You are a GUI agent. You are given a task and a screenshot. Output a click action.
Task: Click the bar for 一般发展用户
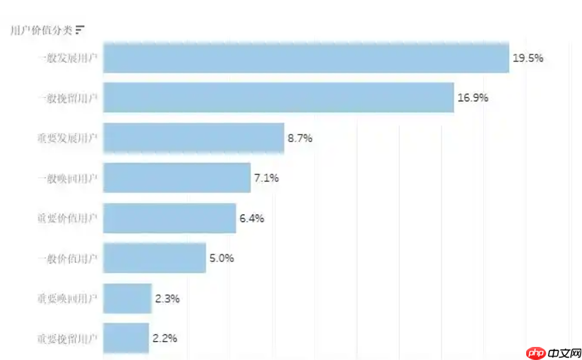point(305,58)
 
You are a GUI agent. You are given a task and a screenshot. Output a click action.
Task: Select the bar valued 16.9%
point(279,97)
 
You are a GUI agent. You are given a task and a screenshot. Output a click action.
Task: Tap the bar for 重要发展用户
point(194,138)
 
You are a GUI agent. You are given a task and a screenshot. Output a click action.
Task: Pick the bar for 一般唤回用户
point(177,178)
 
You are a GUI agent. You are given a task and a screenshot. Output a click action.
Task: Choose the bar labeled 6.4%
point(170,218)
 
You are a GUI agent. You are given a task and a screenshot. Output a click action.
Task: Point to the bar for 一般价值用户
point(154,258)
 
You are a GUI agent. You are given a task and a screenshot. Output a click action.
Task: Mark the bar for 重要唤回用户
point(127,299)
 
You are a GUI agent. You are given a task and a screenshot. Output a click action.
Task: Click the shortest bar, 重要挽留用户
point(126,338)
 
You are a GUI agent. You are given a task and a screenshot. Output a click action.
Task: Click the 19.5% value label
point(528,58)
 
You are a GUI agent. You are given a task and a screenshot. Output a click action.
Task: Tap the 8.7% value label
point(300,138)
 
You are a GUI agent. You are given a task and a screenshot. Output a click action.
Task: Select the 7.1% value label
point(266,178)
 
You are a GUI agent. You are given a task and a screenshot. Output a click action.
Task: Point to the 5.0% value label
point(221,259)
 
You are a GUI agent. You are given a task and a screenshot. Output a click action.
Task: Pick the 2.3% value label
point(167,299)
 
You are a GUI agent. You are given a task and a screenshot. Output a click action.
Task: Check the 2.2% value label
point(165,339)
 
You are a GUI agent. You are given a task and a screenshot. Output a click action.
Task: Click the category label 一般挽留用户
point(67,98)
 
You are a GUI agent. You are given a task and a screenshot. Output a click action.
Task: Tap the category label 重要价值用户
point(67,218)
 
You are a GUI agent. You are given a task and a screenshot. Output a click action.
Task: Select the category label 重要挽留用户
point(67,339)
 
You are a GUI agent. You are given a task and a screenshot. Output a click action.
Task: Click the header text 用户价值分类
point(41,30)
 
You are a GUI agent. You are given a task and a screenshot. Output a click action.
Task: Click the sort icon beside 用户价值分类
point(80,30)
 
